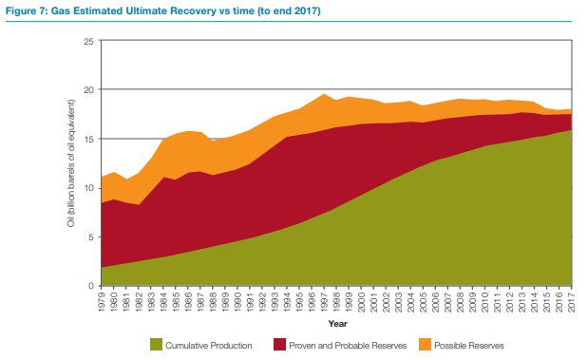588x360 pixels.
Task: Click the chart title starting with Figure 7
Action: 163,10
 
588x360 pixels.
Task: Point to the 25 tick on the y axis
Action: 89,41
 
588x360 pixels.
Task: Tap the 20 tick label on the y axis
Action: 89,90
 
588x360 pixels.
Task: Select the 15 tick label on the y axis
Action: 89,139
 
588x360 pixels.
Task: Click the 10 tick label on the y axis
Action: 89,188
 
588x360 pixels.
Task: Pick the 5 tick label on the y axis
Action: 91,237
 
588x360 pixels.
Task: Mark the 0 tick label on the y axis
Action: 91,286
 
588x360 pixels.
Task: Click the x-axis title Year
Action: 338,324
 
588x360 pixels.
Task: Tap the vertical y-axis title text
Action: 71,163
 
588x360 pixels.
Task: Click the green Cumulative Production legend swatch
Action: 156,344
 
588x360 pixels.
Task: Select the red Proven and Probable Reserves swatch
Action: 279,344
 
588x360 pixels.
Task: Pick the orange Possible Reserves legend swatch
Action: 425,344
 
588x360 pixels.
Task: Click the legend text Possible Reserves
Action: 469,346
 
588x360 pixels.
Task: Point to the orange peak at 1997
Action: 324,94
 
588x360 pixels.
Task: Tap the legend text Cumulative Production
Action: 209,346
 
